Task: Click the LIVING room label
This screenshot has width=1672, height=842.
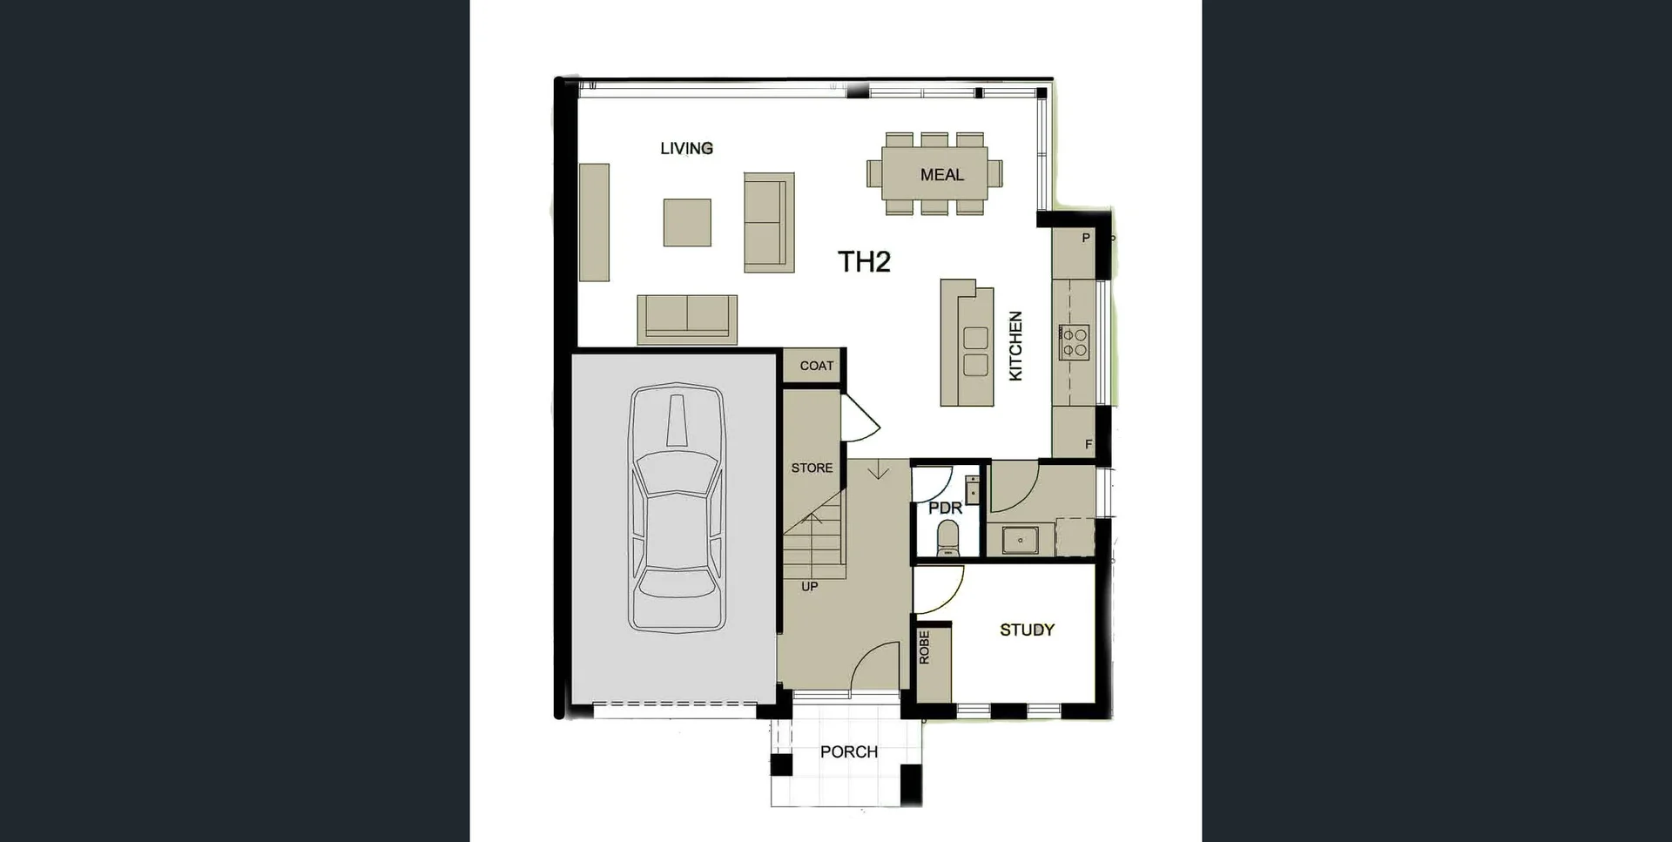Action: tap(686, 148)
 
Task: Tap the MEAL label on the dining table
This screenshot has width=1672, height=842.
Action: tap(941, 175)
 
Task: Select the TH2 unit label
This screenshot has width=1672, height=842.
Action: tap(863, 261)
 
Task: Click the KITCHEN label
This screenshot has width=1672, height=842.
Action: tap(1015, 346)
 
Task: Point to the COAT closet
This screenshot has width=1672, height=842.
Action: tap(816, 366)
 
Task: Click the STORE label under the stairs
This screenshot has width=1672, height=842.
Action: tap(812, 468)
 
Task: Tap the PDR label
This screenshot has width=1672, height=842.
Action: tap(945, 508)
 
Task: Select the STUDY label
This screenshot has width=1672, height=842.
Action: tap(1027, 630)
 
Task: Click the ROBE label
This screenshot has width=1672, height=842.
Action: tap(925, 648)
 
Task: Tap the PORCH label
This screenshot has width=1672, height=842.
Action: tap(848, 751)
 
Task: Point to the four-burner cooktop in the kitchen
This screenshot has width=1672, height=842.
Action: tap(1074, 342)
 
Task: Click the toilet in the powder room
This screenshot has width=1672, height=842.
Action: tap(947, 538)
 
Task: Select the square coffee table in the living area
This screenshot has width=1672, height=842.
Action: tap(687, 222)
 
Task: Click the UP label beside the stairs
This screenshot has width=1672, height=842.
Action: tap(809, 587)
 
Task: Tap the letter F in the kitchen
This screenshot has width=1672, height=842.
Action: tap(1088, 444)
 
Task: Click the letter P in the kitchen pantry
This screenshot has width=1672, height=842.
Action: tap(1085, 238)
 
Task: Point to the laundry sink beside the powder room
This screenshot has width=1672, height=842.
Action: tap(1020, 540)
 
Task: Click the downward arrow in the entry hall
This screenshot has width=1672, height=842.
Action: tap(879, 471)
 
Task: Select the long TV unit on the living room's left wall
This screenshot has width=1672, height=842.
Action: tap(594, 222)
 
